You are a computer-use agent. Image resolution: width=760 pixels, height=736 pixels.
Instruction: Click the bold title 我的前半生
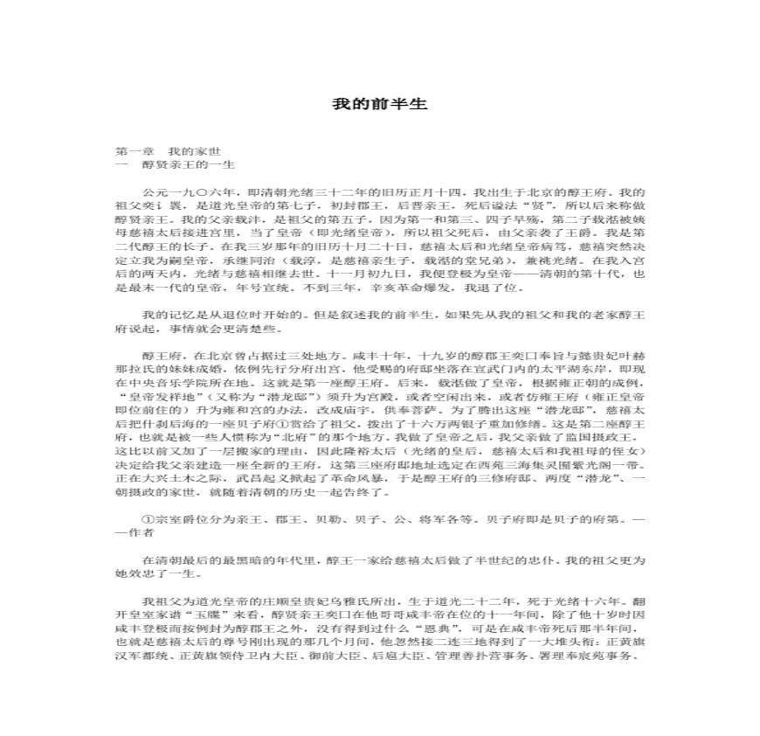point(379,104)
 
